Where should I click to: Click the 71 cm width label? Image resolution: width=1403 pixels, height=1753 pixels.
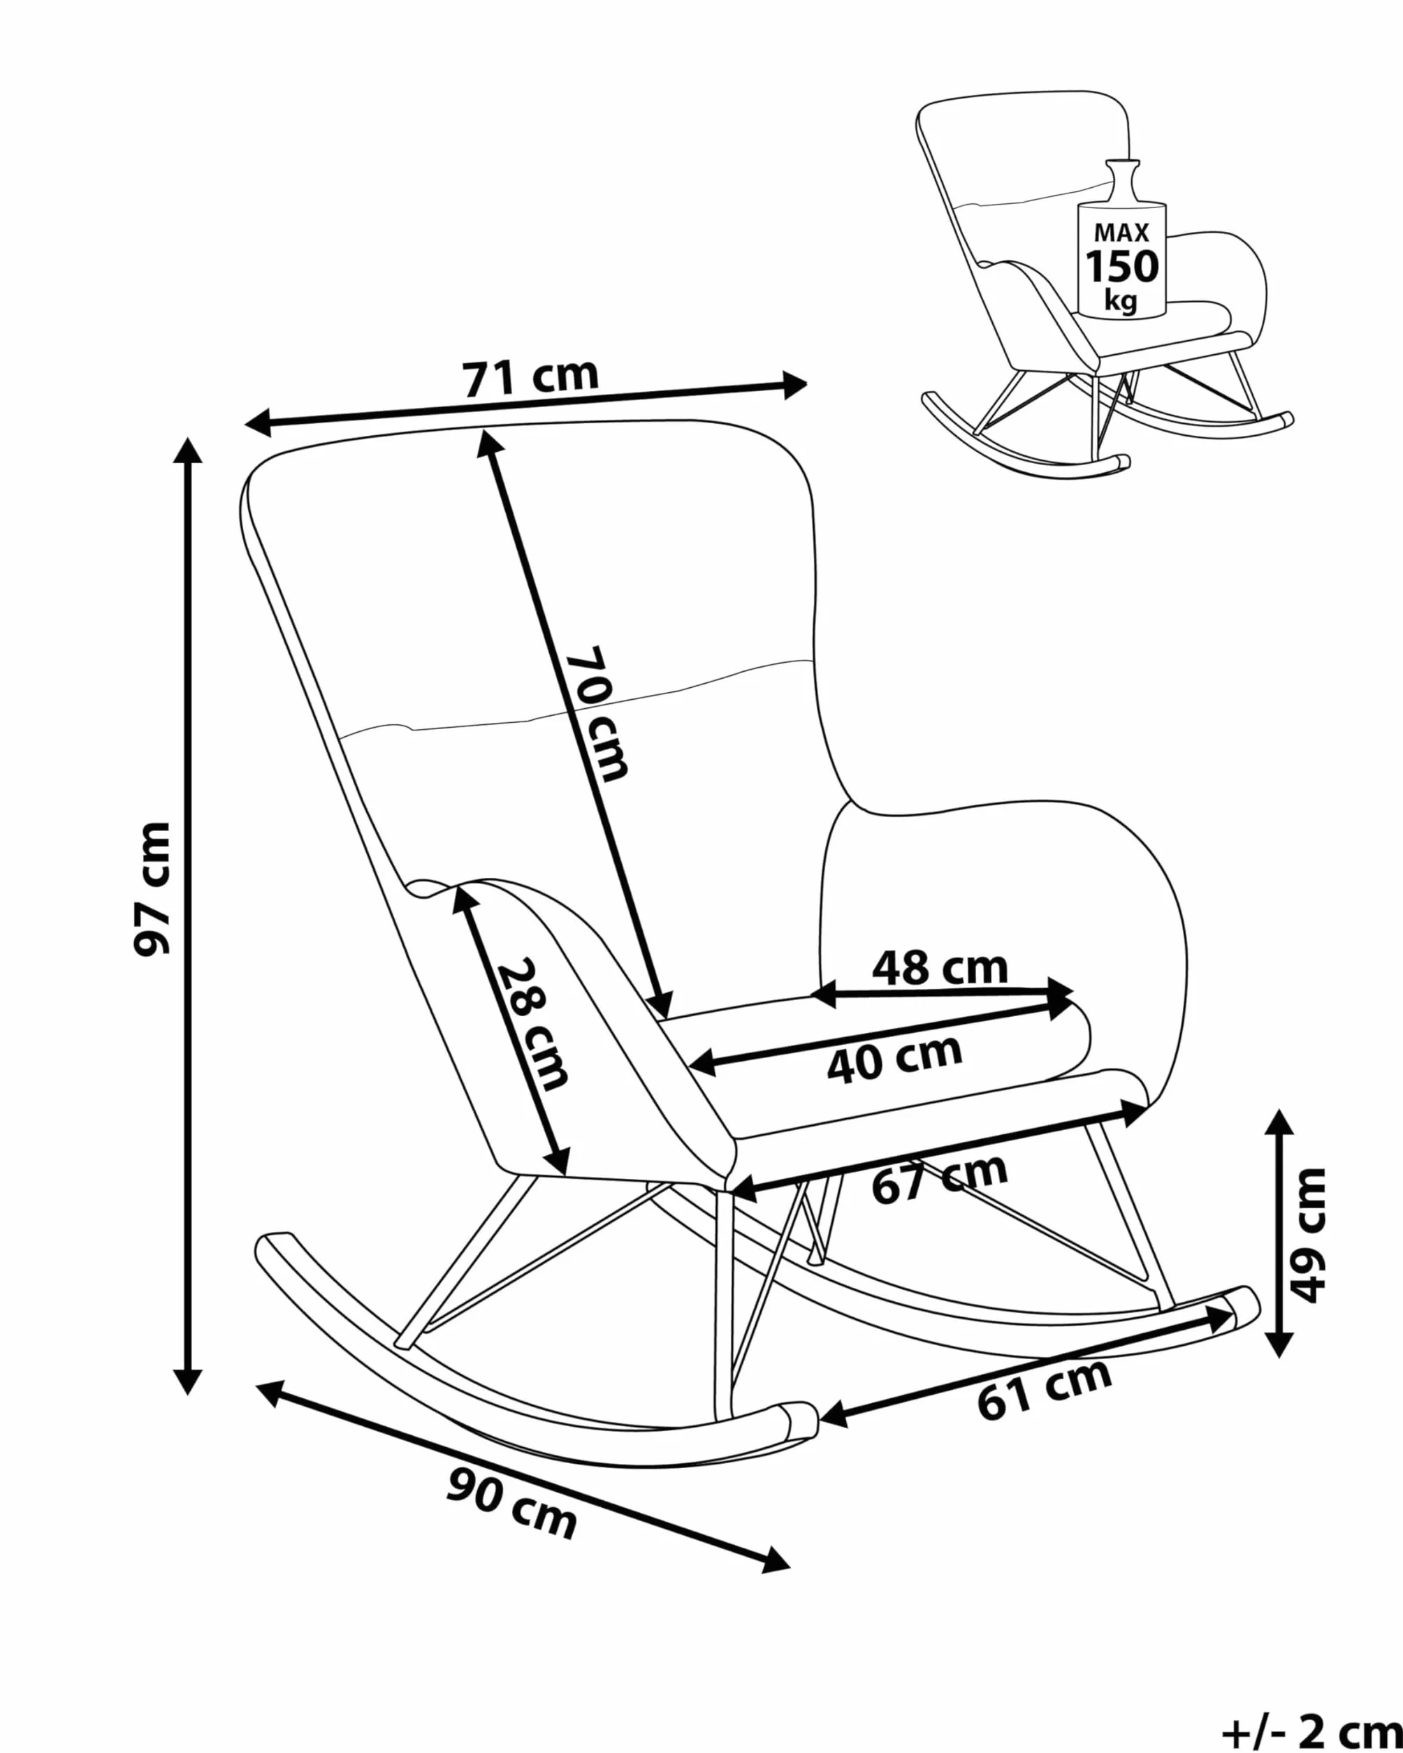coord(530,377)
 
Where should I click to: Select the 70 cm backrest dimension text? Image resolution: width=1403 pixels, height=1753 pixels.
coord(598,714)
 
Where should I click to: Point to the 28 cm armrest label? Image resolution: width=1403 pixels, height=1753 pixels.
coord(532,1025)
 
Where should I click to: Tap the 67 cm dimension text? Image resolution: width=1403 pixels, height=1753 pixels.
coord(939,1178)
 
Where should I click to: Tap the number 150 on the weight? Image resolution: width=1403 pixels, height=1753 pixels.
coord(1122,266)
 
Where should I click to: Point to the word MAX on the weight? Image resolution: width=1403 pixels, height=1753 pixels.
coord(1122,233)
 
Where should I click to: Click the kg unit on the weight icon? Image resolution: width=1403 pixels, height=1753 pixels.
coord(1121,301)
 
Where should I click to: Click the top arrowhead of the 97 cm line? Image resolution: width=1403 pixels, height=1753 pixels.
coord(188,450)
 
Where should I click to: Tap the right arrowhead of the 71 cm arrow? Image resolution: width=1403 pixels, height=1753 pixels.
coord(794,385)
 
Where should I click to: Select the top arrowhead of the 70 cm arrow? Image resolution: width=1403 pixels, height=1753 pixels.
coord(488,444)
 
